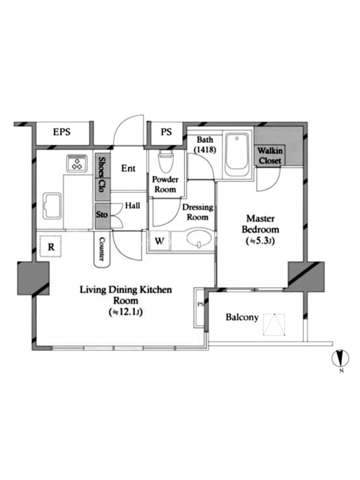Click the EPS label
pyautogui.click(x=62, y=132)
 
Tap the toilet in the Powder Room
pyautogui.click(x=166, y=161)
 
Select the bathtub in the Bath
pyautogui.click(x=236, y=155)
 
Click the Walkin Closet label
pyautogui.click(x=269, y=155)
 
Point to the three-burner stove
pyautogui.click(x=77, y=163)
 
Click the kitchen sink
pyautogui.click(x=52, y=206)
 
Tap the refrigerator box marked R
pyautogui.click(x=51, y=246)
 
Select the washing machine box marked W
pyautogui.click(x=159, y=241)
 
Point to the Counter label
pyautogui.click(x=102, y=249)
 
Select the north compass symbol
pyautogui.click(x=340, y=359)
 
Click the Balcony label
pyautogui.click(x=242, y=317)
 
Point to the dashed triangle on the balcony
pyautogui.click(x=274, y=325)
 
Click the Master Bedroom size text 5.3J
pyautogui.click(x=260, y=241)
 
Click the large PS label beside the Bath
pyautogui.click(x=166, y=132)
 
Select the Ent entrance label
pyautogui.click(x=128, y=169)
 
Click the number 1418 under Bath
pyautogui.click(x=205, y=149)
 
